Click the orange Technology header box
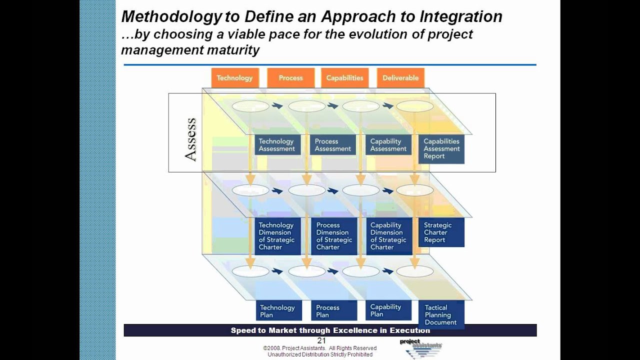tap(234, 78)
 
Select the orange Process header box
tap(290, 78)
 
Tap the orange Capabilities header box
tap(344, 78)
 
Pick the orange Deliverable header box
tap(400, 78)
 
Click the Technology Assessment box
tap(277, 145)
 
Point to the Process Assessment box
tap(333, 145)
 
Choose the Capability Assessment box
tap(388, 145)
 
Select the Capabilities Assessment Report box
tap(441, 148)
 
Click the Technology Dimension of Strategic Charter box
tap(277, 236)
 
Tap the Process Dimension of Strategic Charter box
tap(334, 236)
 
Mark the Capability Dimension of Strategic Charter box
tap(388, 236)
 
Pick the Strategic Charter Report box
tap(441, 232)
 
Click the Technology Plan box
tap(277, 311)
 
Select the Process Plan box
tap(334, 311)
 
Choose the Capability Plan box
tap(388, 310)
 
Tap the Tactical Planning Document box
tap(441, 315)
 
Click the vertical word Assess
tap(190, 140)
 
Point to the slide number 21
tap(321, 341)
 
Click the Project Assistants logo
tap(421, 348)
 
